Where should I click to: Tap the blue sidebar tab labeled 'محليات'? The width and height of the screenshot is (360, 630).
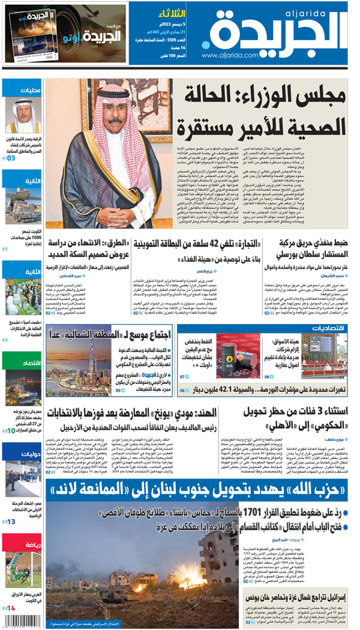(22, 90)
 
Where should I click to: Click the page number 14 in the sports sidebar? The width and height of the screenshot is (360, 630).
(11, 608)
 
